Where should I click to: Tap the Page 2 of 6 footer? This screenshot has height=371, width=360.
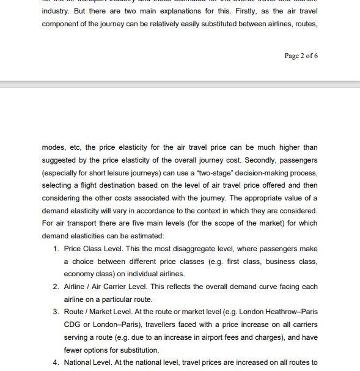coord(301,56)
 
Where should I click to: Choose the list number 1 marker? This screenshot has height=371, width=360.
coord(56,249)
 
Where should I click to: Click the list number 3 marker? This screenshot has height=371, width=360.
coord(56,312)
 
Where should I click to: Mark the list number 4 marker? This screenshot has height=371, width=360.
coord(56,362)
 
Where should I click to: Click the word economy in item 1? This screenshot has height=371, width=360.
coord(78,274)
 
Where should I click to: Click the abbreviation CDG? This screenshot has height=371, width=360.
coord(73,325)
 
